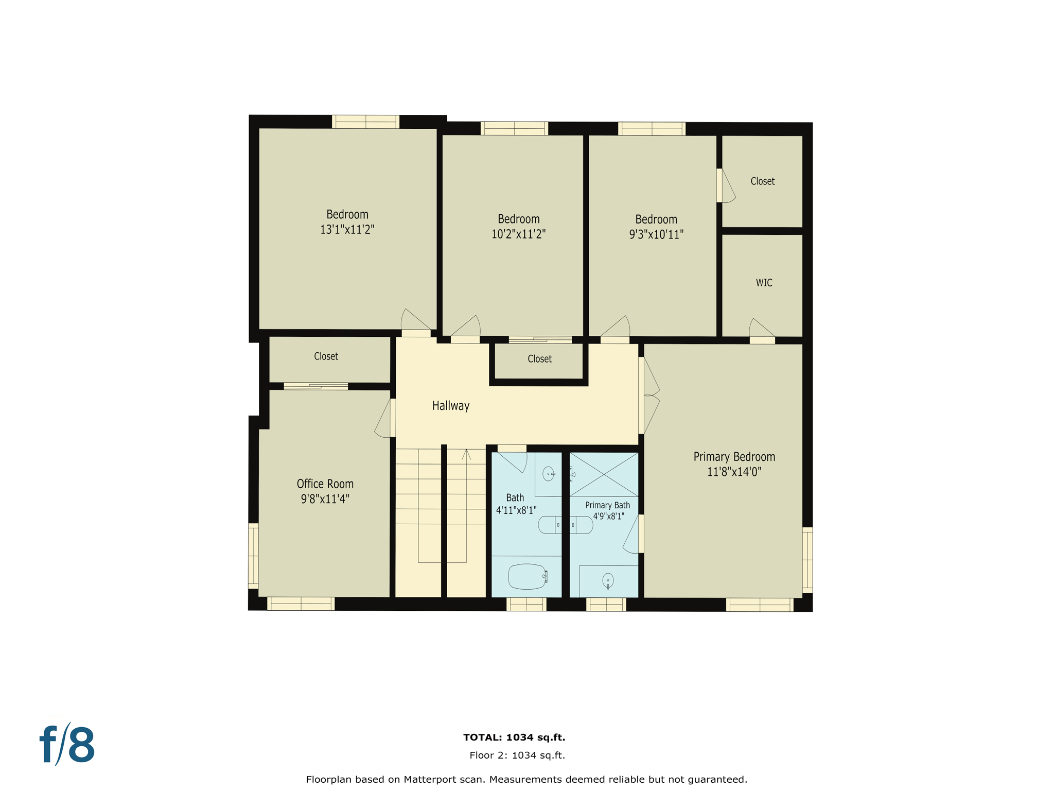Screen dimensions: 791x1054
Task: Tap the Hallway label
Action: pyautogui.click(x=450, y=406)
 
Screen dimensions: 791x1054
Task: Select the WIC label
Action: pyautogui.click(x=764, y=283)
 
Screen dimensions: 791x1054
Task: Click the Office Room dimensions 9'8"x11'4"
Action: pyautogui.click(x=325, y=499)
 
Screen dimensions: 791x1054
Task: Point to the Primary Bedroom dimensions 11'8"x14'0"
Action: pyautogui.click(x=733, y=472)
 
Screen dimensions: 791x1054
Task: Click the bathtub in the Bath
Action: pyautogui.click(x=527, y=577)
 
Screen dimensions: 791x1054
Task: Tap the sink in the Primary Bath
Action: pyautogui.click(x=608, y=580)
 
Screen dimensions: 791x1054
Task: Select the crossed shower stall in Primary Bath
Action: pyautogui.click(x=604, y=474)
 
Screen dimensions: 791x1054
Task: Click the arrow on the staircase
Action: pyautogui.click(x=466, y=455)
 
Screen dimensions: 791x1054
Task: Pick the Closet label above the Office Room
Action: pyautogui.click(x=326, y=356)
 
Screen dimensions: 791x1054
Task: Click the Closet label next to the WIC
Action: pyautogui.click(x=762, y=181)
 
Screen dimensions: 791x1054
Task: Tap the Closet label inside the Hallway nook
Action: pyautogui.click(x=539, y=359)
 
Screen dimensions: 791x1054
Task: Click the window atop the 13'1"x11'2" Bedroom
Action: pyautogui.click(x=365, y=122)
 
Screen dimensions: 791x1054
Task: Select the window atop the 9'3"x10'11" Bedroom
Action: pyautogui.click(x=652, y=129)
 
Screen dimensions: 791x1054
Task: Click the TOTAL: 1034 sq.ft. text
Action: pyautogui.click(x=514, y=737)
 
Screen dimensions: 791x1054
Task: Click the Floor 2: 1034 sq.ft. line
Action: pyautogui.click(x=517, y=755)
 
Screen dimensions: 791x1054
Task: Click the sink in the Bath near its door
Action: pyautogui.click(x=549, y=474)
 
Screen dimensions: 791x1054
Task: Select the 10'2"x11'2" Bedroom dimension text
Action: pyautogui.click(x=518, y=234)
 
